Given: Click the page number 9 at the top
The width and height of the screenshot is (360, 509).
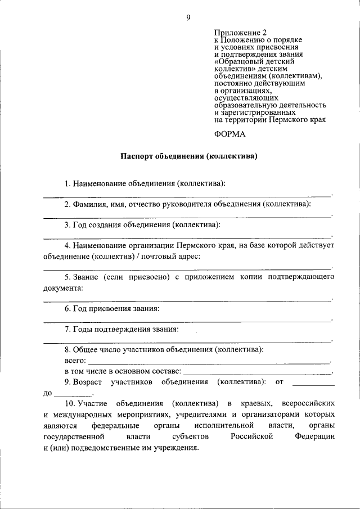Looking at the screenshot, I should point(188,18).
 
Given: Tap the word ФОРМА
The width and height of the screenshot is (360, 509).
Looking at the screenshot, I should point(230,134).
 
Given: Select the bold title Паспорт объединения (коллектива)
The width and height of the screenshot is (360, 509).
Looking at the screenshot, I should point(188,156).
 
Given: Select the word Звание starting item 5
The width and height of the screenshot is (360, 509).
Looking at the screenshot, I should point(85,277).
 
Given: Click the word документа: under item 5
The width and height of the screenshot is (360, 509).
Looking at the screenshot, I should point(63,288).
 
